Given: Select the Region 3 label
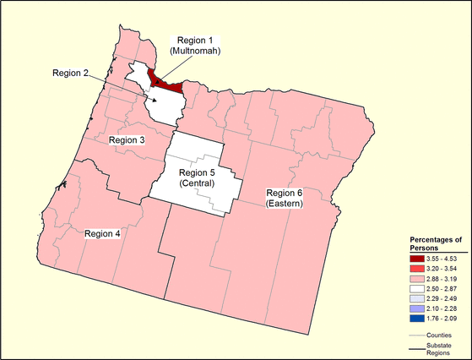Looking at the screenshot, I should [127, 139].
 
